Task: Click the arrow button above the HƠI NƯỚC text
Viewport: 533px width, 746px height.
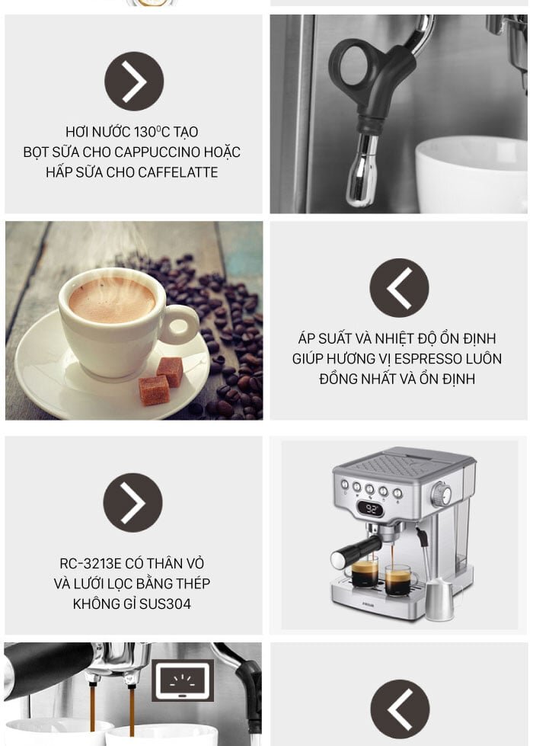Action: coord(134,82)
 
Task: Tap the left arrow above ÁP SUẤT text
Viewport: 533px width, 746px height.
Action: coord(399,288)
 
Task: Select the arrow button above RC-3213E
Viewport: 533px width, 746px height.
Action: coord(132,502)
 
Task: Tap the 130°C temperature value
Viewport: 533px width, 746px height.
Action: coord(152,132)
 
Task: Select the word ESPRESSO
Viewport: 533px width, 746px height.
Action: coord(428,359)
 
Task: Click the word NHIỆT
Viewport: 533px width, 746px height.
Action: coord(392,339)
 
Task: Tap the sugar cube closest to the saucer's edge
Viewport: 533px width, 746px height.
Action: coord(154,390)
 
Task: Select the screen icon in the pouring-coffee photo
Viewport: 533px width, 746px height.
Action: coord(183,680)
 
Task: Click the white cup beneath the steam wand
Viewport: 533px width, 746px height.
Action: coord(471,174)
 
